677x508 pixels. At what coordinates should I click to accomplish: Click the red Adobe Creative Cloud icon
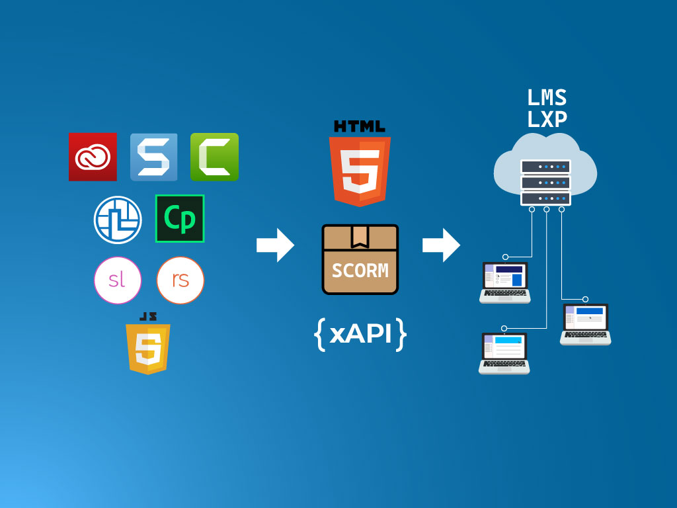pos(93,157)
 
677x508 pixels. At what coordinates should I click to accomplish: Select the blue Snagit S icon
pos(153,157)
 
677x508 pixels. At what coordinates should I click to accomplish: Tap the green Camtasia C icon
pos(214,157)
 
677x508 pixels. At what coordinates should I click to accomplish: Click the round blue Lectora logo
pos(118,220)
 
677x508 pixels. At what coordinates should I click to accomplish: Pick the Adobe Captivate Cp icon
pos(180,218)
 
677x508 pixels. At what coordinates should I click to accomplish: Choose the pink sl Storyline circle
pos(118,279)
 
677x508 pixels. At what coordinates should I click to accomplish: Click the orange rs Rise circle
pos(180,279)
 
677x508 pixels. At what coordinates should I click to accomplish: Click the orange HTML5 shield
pos(360,171)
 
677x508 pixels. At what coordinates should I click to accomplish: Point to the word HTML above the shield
pos(360,126)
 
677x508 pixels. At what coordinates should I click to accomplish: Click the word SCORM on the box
pos(360,271)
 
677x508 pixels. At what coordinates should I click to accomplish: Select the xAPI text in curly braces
pos(360,335)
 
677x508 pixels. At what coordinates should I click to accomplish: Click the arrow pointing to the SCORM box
pos(275,245)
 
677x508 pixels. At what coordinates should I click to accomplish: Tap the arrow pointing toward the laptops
pos(441,245)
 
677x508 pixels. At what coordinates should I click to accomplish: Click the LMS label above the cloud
pos(547,98)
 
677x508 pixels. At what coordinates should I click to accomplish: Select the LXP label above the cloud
pos(547,120)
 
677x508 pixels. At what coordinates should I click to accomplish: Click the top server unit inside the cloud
pos(545,167)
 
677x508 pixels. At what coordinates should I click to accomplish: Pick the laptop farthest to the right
pos(585,324)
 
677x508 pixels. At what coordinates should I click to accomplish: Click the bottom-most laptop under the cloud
pos(504,354)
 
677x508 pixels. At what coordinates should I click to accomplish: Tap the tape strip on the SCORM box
pos(360,235)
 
